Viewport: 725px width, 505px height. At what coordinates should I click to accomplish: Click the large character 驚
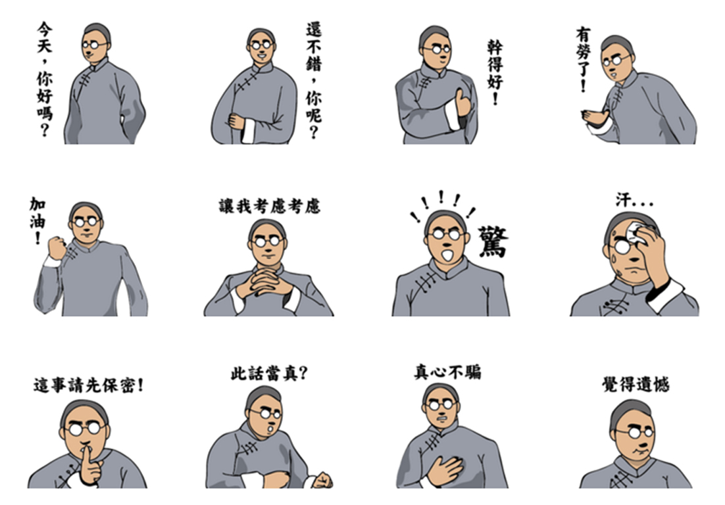tap(493, 241)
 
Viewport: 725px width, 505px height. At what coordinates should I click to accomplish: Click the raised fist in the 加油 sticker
tap(57, 248)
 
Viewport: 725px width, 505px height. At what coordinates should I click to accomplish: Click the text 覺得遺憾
tap(636, 384)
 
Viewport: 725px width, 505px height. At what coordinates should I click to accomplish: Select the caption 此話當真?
tap(269, 373)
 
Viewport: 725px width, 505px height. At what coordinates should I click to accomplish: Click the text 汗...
tap(624, 201)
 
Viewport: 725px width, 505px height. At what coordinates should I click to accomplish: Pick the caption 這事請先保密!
tap(89, 385)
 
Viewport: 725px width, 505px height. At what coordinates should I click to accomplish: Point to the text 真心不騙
tap(447, 372)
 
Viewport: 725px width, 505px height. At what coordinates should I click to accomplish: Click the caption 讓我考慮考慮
tap(269, 206)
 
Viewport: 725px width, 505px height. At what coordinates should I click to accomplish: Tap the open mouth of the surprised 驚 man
tap(447, 255)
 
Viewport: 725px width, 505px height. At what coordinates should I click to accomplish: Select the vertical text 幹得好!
tap(495, 72)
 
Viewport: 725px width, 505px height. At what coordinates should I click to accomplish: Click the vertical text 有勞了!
tap(584, 60)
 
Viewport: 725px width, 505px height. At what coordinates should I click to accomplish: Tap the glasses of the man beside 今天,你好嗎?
tap(95, 45)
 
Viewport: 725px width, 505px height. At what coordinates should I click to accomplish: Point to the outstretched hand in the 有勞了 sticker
tap(595, 118)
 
